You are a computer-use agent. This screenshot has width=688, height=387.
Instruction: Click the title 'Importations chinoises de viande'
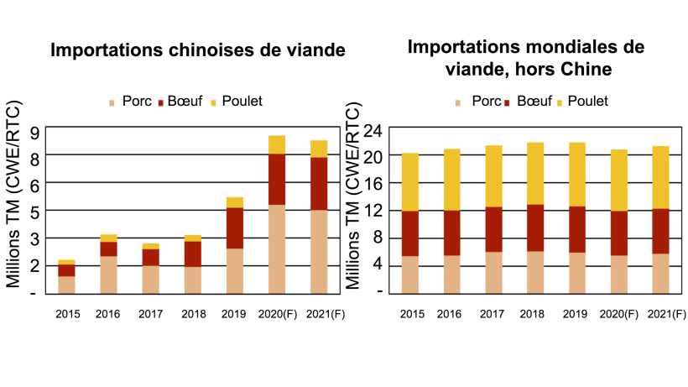tap(198, 50)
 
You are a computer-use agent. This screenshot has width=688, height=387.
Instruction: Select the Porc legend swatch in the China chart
tap(112, 102)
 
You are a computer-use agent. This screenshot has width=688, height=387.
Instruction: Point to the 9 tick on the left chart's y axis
tap(36, 132)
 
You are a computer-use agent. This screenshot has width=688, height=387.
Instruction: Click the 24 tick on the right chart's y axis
tap(374, 130)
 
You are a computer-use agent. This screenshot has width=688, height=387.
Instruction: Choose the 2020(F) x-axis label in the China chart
tap(276, 315)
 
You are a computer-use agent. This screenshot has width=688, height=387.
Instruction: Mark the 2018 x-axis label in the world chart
tap(532, 315)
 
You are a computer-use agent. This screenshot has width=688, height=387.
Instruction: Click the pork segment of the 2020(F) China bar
tap(276, 248)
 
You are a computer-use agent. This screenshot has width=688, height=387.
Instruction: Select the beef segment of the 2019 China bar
tap(234, 227)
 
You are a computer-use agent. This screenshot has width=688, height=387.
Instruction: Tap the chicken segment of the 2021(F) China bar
tap(318, 149)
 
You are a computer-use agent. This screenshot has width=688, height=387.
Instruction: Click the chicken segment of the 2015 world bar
tap(410, 181)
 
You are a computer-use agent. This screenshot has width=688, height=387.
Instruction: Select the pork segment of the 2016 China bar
tap(108, 275)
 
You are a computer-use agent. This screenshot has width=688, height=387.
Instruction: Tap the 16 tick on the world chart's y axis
tap(374, 184)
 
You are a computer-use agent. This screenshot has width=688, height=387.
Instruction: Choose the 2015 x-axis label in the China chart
tap(66, 315)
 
